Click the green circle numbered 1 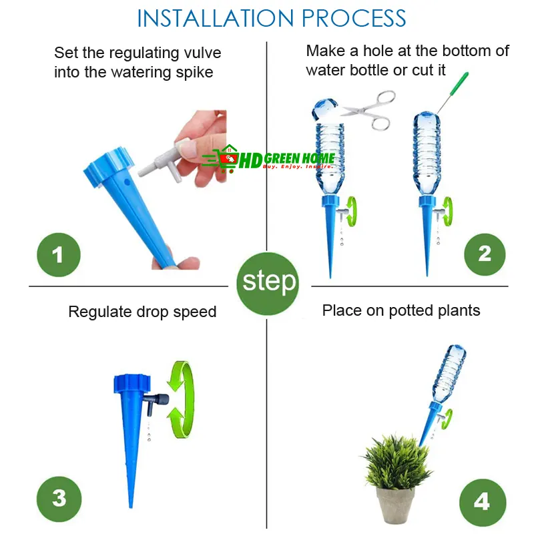pos(59,255)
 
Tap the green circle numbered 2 pos(485,254)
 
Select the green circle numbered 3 pos(59,499)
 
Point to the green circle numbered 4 pos(483,503)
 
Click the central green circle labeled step pos(268,283)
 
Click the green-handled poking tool pos(453,92)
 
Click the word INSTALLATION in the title pos(215,19)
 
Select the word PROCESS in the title pos(354,19)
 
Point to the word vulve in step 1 pos(202,53)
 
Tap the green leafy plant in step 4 pos(396,462)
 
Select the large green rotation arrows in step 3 pos(180,399)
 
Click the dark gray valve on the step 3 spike pos(156,402)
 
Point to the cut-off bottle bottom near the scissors pos(326,109)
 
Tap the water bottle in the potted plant pos(449,373)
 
